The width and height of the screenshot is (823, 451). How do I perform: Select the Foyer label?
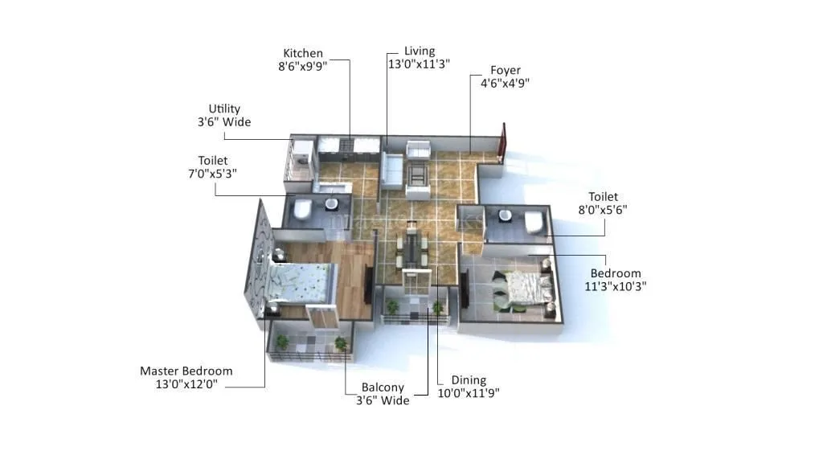pos(506,70)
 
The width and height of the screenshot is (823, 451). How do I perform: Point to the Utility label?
pos(224,109)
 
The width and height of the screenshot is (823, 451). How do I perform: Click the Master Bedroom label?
pos(186,371)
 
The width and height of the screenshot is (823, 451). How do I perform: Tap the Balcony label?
pos(383,387)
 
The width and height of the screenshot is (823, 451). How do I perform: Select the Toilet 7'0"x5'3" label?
pos(213,161)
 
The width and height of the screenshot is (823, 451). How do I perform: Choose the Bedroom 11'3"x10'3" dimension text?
pos(616,285)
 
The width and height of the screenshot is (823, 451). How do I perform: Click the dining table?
pos(413,249)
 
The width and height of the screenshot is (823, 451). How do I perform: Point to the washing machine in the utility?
pos(303,154)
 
